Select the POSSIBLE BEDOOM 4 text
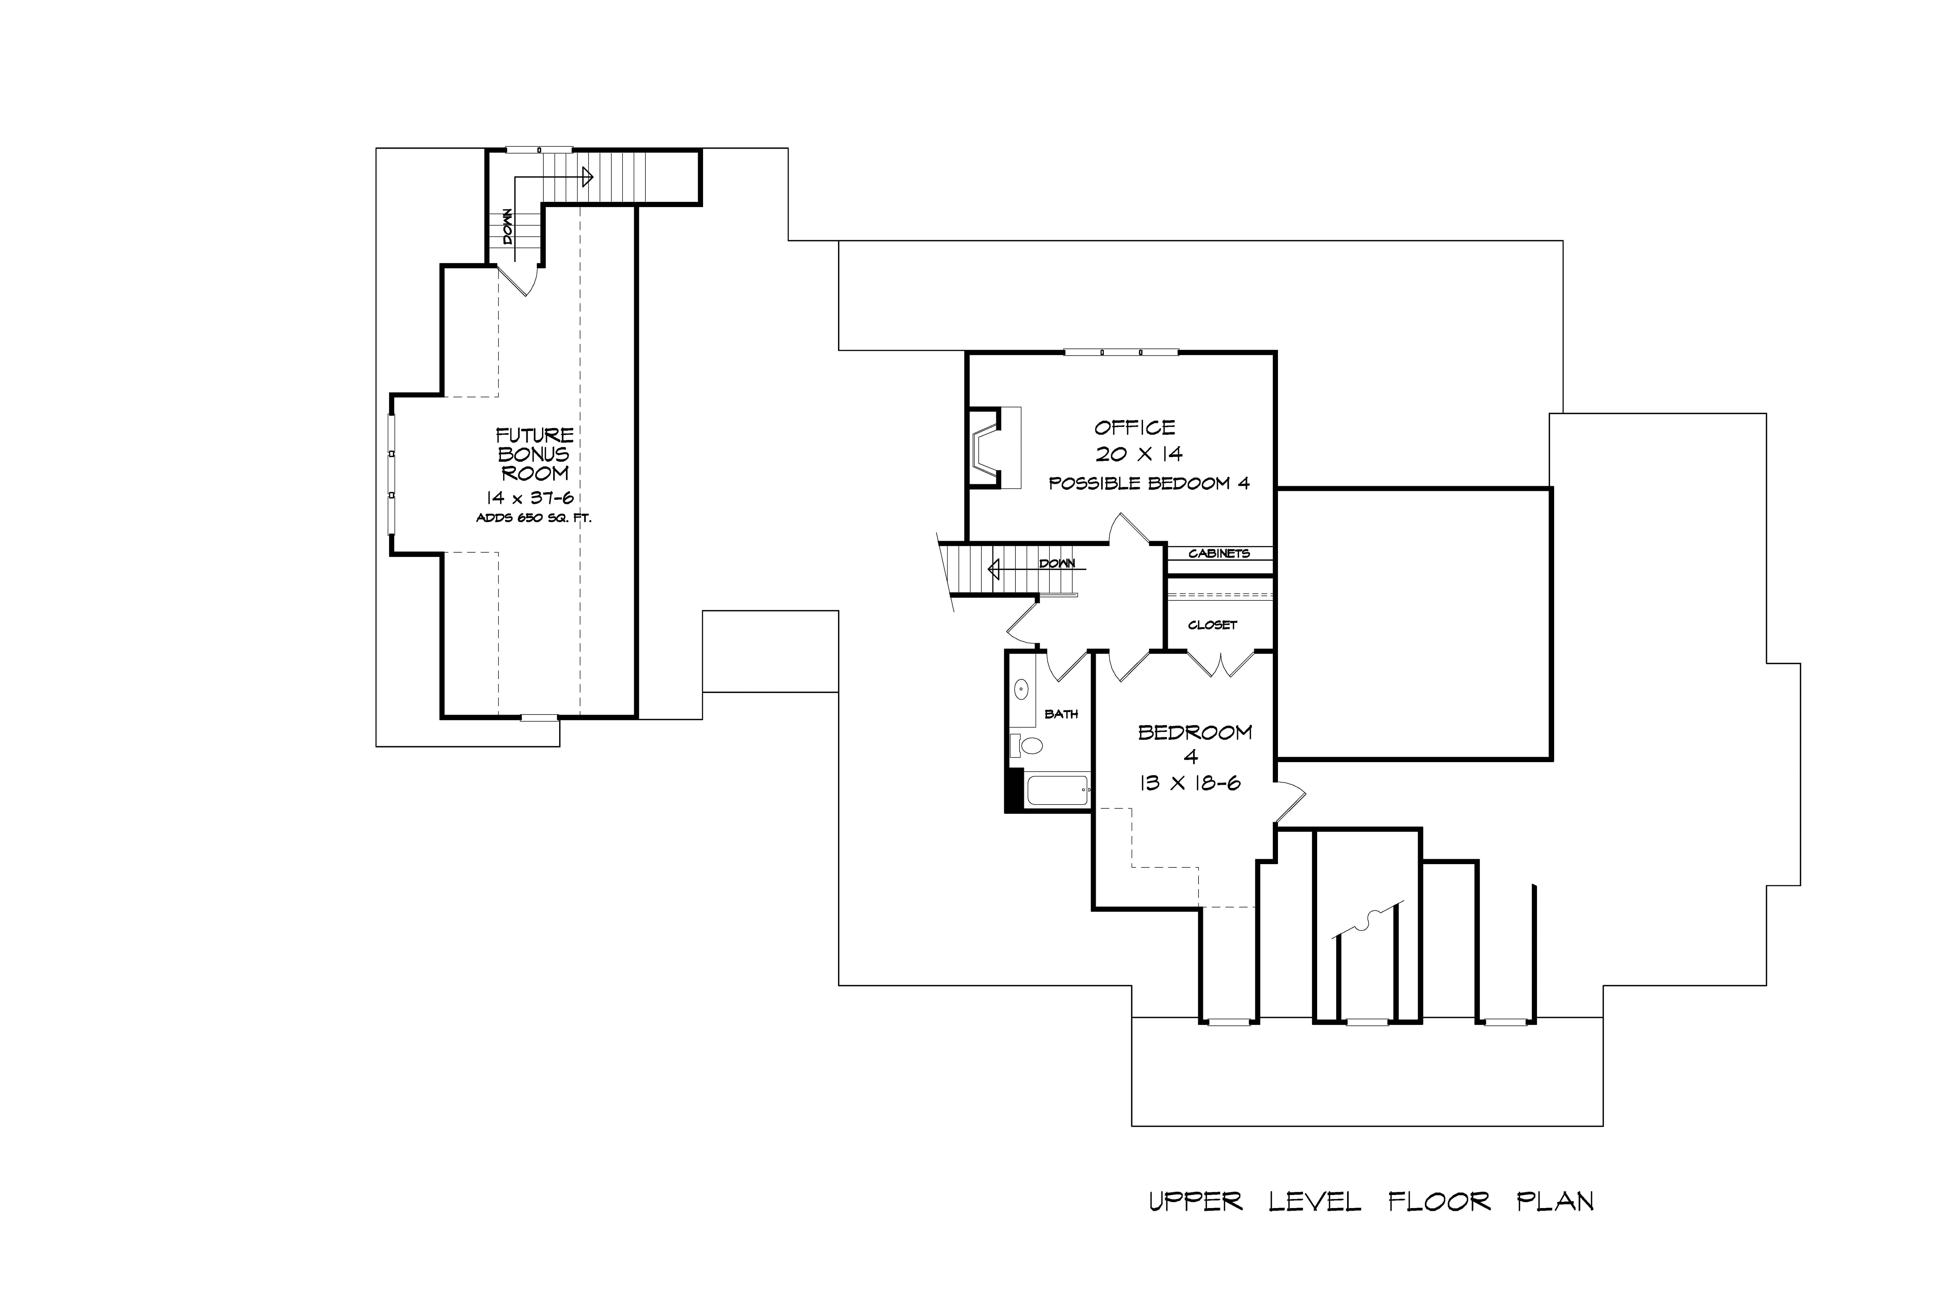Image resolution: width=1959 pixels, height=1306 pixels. click(1148, 483)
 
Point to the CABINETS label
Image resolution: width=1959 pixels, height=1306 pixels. click(1219, 553)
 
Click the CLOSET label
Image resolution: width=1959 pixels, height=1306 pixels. click(1212, 625)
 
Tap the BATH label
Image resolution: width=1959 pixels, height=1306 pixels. click(1061, 714)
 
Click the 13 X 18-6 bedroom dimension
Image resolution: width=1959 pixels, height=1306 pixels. click(1190, 783)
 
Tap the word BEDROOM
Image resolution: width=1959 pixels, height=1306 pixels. click(1194, 732)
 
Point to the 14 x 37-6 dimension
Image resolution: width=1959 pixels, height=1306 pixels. click(531, 498)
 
